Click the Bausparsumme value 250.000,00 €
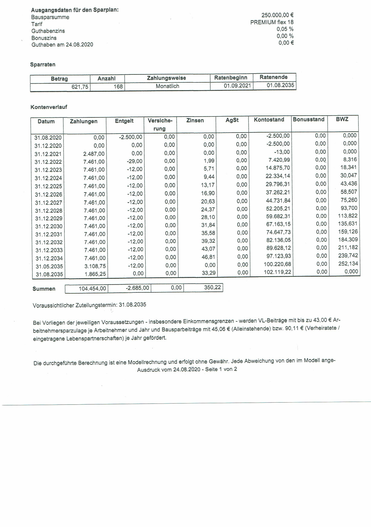tap(277, 15)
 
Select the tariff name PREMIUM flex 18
tap(272, 22)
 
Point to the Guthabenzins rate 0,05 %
tap(285, 29)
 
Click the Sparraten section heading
tap(43, 64)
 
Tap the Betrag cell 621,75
tap(80, 87)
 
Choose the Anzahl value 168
tap(118, 87)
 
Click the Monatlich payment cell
tap(167, 86)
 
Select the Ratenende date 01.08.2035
tap(280, 85)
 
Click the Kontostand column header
tap(269, 120)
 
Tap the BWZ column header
tap(342, 119)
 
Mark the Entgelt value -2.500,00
tap(131, 137)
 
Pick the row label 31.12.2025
tap(48, 186)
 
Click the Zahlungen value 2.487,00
tap(94, 154)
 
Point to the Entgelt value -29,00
tap(135, 161)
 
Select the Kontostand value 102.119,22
tap(278, 272)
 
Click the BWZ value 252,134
tap(348, 264)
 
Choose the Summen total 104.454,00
tap(92, 289)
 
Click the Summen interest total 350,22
tap(212, 287)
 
